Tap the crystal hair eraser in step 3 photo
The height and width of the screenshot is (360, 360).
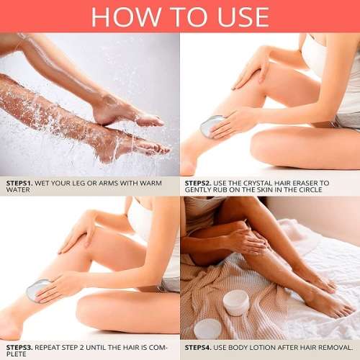[x=37, y=290]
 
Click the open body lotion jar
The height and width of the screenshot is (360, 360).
[x=235, y=302]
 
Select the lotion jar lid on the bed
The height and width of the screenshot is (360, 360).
[x=207, y=329]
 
